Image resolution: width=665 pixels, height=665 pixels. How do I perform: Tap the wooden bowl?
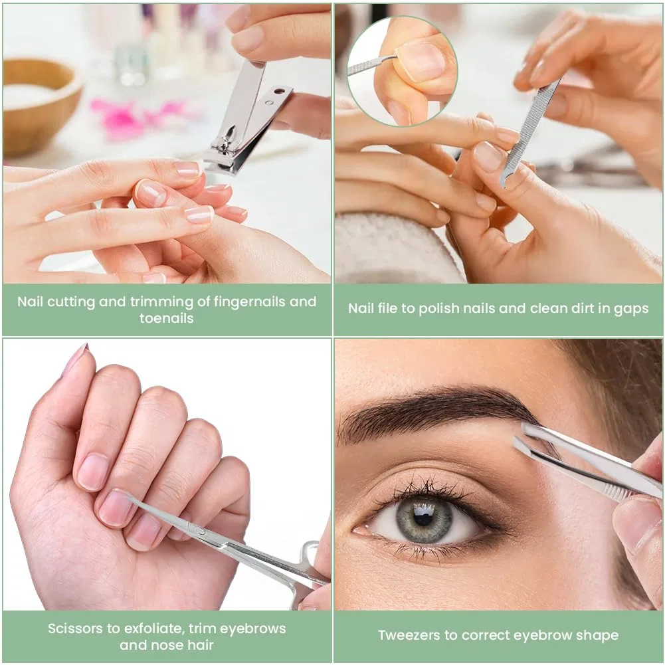point(41,104)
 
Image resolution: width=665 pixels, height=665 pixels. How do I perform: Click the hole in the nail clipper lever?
point(278,91)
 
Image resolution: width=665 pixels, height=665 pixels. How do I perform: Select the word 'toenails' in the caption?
point(166,318)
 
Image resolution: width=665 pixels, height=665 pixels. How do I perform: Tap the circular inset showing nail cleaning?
point(402,71)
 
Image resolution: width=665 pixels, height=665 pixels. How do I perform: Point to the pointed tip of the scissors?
point(128,498)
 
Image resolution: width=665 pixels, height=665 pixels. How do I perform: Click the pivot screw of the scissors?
point(202,531)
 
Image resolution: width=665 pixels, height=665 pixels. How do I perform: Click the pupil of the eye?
point(423,518)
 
